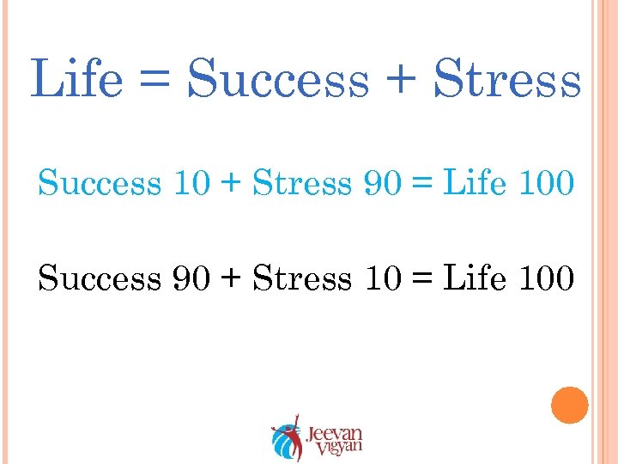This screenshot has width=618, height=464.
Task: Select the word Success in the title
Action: pyautogui.click(x=278, y=80)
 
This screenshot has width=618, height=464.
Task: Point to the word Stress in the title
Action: pyautogui.click(x=507, y=78)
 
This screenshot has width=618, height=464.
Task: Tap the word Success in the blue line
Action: pyautogui.click(x=100, y=183)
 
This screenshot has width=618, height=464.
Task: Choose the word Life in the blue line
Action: pyautogui.click(x=475, y=183)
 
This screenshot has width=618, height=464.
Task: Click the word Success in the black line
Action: pyautogui.click(x=100, y=278)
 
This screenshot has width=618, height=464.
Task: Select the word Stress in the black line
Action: pyautogui.click(x=303, y=278)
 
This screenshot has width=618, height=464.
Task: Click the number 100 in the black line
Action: pyautogui.click(x=544, y=278)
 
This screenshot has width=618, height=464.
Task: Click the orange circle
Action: pyautogui.click(x=570, y=405)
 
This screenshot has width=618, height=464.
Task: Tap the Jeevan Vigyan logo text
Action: pyautogui.click(x=335, y=437)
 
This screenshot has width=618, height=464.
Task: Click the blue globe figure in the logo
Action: pyautogui.click(x=283, y=443)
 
